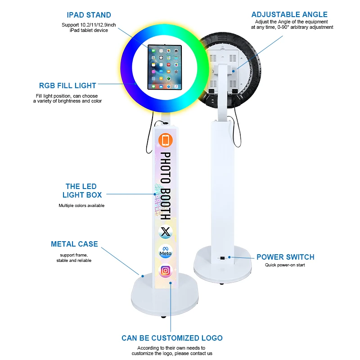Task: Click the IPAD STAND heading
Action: [89, 15]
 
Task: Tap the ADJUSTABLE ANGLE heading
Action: [289, 15]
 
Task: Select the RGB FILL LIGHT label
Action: [67, 85]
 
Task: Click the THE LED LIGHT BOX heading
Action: [81, 191]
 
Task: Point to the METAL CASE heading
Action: [74, 244]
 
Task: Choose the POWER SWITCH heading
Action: [285, 257]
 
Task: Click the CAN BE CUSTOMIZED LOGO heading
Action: [172, 338]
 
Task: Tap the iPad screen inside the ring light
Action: [163, 67]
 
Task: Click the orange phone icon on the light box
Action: [166, 140]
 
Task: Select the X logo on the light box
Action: [166, 232]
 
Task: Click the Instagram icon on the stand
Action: [166, 270]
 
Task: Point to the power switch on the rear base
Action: [223, 258]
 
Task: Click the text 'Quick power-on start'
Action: [285, 265]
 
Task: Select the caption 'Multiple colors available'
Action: [81, 206]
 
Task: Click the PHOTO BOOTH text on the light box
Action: [166, 184]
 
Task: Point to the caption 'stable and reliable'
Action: [74, 261]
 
